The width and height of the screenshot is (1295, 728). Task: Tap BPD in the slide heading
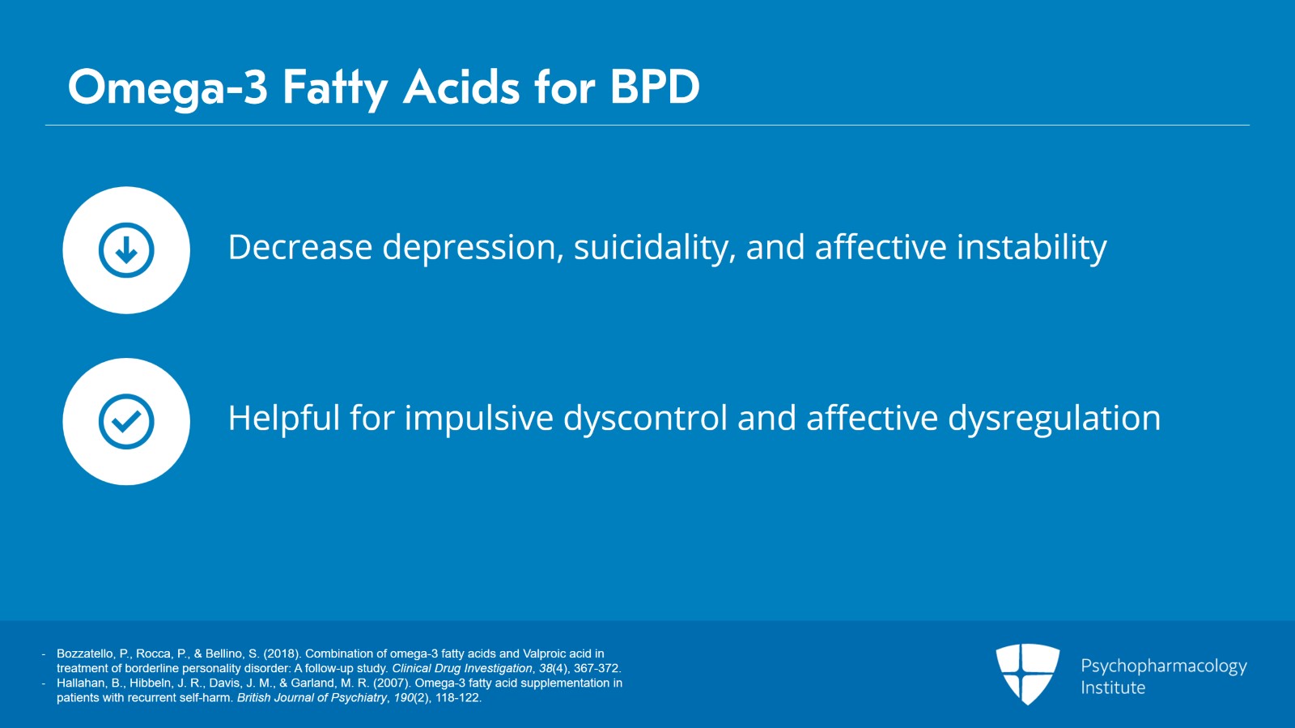click(x=655, y=87)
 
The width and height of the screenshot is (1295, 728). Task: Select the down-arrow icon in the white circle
click(x=126, y=250)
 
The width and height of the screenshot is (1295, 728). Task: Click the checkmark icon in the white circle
click(x=126, y=421)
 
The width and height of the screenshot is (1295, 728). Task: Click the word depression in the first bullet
click(x=472, y=248)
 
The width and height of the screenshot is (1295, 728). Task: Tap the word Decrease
click(x=299, y=248)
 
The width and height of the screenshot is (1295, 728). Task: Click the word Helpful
click(x=283, y=419)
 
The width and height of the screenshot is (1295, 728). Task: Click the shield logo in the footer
click(x=1027, y=674)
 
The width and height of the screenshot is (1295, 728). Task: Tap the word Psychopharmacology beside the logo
click(x=1163, y=666)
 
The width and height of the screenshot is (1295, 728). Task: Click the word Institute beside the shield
click(x=1113, y=688)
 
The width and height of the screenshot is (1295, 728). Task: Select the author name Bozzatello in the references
click(x=85, y=653)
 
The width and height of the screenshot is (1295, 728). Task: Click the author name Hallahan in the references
click(x=79, y=683)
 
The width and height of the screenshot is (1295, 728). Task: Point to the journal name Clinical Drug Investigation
click(x=462, y=668)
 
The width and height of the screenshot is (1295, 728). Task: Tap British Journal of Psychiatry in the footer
click(x=312, y=697)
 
